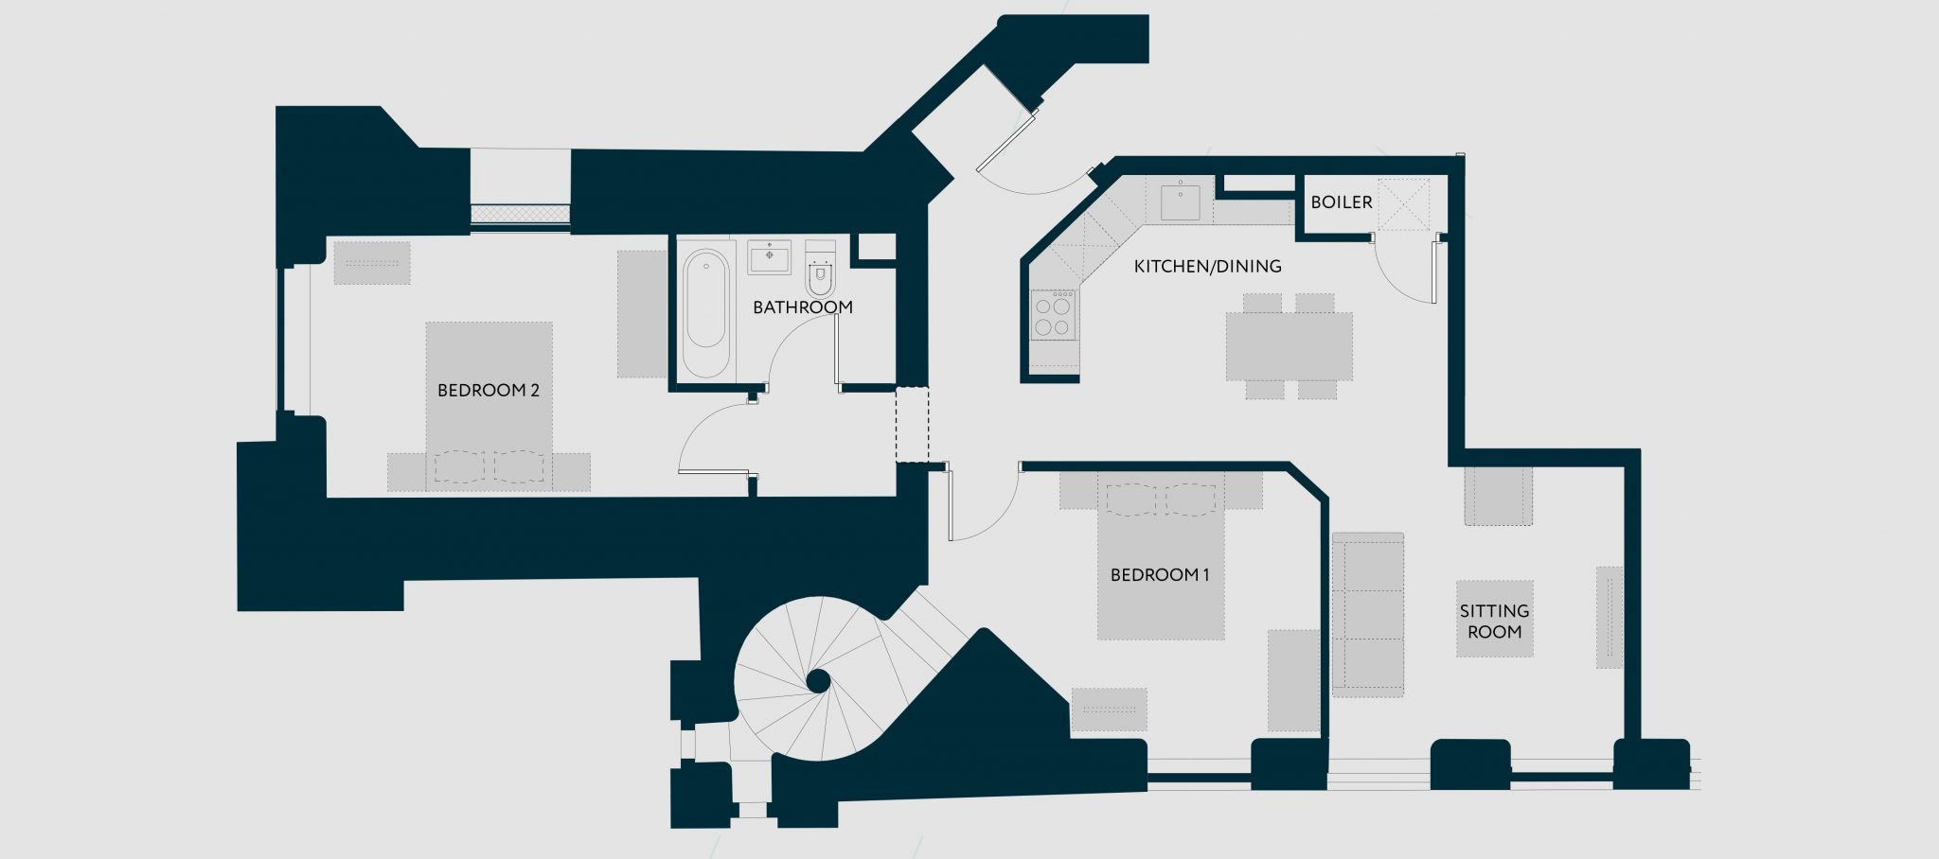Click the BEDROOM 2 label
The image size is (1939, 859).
click(488, 390)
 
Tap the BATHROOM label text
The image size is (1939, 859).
click(802, 307)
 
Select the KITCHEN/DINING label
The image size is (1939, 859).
click(1207, 267)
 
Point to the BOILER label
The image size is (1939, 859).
click(1341, 202)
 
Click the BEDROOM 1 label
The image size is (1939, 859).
click(1160, 574)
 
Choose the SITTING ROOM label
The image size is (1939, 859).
click(1494, 622)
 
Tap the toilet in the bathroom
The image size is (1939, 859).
click(820, 273)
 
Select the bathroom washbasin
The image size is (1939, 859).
click(769, 256)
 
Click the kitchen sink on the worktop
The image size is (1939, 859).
click(1180, 202)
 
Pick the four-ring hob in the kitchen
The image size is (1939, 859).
click(1053, 316)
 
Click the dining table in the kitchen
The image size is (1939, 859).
click(1289, 346)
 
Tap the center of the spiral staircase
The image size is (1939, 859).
click(819, 680)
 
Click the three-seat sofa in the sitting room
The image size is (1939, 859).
click(1368, 615)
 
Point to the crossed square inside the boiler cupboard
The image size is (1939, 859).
click(1403, 204)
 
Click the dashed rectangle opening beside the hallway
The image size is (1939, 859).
click(912, 425)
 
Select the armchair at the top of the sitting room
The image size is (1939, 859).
click(1498, 495)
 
